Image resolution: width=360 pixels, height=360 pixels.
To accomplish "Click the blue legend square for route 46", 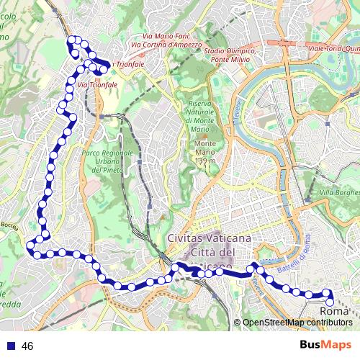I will click(x=11, y=346).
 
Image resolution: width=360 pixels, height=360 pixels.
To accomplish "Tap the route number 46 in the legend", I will click(x=28, y=346).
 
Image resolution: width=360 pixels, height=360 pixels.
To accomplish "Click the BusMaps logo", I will click(x=325, y=346).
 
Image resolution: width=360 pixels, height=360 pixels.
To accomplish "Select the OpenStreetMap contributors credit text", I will click(x=297, y=322).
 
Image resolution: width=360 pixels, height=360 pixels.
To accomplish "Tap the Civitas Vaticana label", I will click(x=209, y=238).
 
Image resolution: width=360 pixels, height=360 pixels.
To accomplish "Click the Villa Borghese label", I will click(x=339, y=193).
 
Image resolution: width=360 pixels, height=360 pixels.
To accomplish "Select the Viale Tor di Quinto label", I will click(x=333, y=48).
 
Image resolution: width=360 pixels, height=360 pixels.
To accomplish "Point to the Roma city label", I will click(x=333, y=311).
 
